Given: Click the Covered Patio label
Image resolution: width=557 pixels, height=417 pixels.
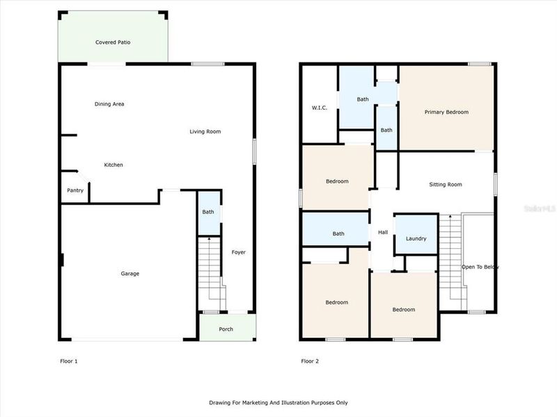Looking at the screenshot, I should (x=113, y=42).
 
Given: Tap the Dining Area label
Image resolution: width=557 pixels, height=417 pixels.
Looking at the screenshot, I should (x=109, y=104).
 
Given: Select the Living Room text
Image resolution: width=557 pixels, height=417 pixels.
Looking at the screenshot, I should (x=205, y=131).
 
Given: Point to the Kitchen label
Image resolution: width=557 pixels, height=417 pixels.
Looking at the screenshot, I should (x=113, y=165).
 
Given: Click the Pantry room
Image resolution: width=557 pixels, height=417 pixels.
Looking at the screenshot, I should (x=75, y=190).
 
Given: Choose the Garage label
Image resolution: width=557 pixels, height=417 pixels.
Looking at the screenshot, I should (x=130, y=273).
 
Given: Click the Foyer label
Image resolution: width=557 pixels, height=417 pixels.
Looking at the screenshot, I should (x=238, y=252).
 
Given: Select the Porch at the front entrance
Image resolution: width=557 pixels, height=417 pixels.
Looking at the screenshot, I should (x=226, y=329).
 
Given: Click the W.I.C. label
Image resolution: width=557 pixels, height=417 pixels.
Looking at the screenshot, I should (x=319, y=108).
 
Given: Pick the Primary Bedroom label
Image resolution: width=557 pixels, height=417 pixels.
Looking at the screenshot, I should (x=446, y=112).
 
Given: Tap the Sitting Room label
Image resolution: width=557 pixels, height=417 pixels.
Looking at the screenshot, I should (x=446, y=184).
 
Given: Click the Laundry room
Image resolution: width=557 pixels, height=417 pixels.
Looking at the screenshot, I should (x=416, y=239).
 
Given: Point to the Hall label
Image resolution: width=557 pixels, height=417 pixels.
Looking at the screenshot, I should (x=383, y=232).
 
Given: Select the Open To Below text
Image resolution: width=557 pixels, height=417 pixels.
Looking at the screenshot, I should (x=480, y=267).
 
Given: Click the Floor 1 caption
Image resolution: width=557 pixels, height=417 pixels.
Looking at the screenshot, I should (x=69, y=361).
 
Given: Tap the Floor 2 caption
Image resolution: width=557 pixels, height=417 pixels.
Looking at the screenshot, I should (x=310, y=361).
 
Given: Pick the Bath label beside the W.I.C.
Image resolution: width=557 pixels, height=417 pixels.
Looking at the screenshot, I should (x=363, y=99).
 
